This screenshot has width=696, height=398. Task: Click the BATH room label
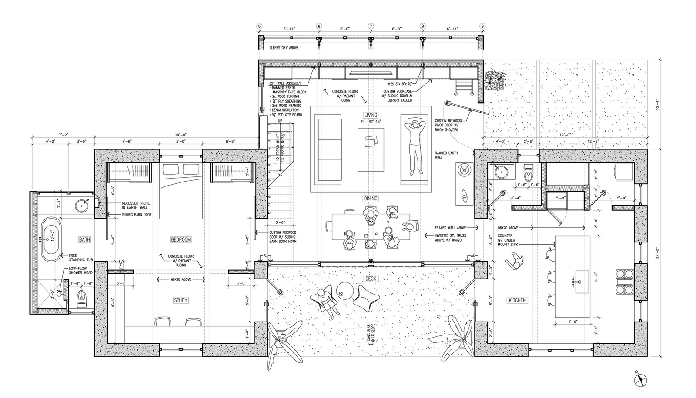pos(84,239)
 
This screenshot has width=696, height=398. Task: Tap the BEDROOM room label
pos(181,239)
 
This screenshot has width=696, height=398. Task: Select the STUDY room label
pos(181,300)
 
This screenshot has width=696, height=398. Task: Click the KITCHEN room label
pos(517,300)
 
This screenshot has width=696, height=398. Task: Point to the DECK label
pos(371,278)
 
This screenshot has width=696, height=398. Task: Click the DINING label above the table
pos(371,199)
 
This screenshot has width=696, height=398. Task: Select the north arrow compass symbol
pos(640,379)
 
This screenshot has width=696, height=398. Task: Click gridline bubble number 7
pos(371,26)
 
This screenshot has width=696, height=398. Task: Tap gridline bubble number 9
pos(482,26)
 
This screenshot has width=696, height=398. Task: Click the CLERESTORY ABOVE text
pos(284,47)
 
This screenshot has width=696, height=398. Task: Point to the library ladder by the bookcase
pos(464,86)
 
